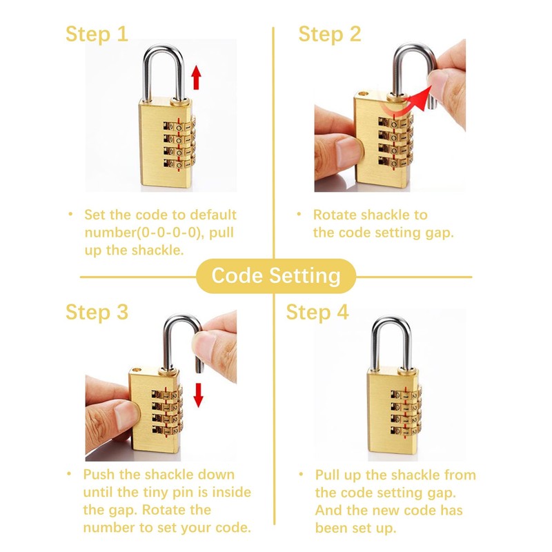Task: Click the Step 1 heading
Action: point(97,34)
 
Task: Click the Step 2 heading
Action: point(329,34)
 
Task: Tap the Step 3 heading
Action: point(97,312)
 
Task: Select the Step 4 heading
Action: point(317,312)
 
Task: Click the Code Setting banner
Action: point(275,276)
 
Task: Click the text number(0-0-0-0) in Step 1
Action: point(141,232)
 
